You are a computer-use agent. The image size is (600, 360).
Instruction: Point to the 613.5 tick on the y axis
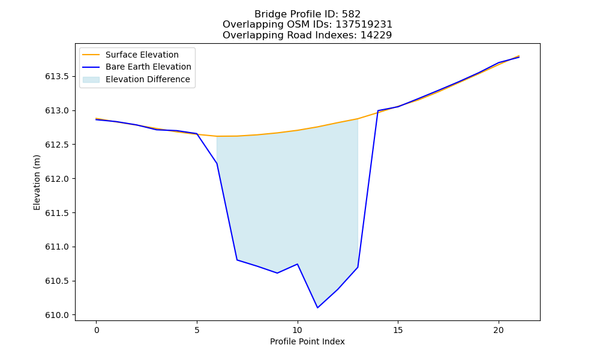click(x=57, y=77)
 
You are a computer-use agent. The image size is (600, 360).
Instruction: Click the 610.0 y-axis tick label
click(x=57, y=315)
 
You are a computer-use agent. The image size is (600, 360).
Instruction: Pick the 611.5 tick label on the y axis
click(x=57, y=213)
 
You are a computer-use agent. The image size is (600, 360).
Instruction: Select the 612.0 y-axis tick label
click(x=57, y=179)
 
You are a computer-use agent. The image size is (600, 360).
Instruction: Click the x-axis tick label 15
click(x=398, y=330)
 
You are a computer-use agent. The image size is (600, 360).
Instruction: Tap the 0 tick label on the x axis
click(x=97, y=330)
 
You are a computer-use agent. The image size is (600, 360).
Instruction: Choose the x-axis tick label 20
click(x=499, y=330)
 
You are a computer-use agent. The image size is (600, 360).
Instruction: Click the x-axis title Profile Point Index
click(x=307, y=341)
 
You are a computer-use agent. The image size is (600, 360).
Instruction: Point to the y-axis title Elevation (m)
click(x=37, y=182)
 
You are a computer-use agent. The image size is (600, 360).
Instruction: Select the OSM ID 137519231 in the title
click(x=364, y=25)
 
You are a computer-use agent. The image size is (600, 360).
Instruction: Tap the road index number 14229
click(x=376, y=35)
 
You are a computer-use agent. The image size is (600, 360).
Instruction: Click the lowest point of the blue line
click(x=317, y=308)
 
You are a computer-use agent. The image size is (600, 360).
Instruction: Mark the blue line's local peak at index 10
click(x=298, y=264)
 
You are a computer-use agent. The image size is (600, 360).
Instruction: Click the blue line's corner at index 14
click(x=378, y=110)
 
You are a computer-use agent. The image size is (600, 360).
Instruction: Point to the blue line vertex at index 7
click(x=237, y=260)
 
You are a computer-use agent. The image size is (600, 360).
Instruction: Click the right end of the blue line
click(x=519, y=57)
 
